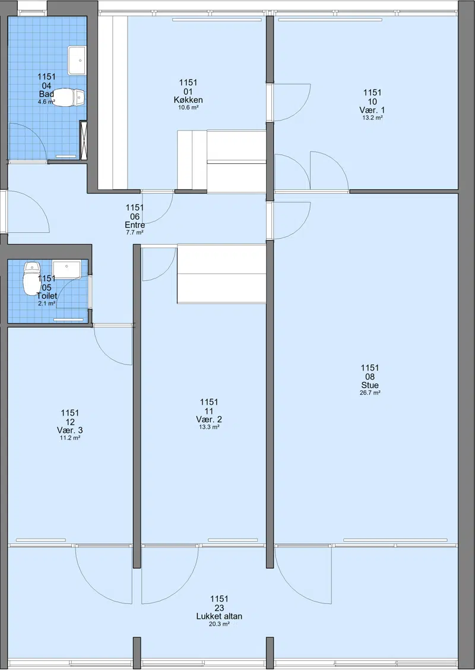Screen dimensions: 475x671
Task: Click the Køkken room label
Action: pyautogui.click(x=188, y=100)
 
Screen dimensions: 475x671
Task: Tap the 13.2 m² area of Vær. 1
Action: pyautogui.click(x=372, y=117)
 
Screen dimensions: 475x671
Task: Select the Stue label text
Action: pyautogui.click(x=370, y=385)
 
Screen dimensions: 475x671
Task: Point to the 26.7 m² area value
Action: pyautogui.click(x=370, y=393)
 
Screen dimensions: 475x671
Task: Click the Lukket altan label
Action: pyautogui.click(x=219, y=616)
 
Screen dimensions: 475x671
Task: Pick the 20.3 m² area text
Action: pyautogui.click(x=219, y=624)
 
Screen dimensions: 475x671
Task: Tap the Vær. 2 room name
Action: pyautogui.click(x=209, y=419)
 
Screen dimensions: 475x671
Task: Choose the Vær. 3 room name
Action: pyautogui.click(x=69, y=431)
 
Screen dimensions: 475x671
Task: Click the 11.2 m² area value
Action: pyautogui.click(x=70, y=438)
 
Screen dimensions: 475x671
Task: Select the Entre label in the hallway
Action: pyautogui.click(x=135, y=225)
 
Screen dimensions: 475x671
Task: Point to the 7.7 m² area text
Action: pyautogui.click(x=135, y=232)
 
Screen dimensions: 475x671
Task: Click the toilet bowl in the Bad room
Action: pyautogui.click(x=68, y=97)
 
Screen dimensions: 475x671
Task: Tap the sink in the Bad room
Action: pyautogui.click(x=77, y=61)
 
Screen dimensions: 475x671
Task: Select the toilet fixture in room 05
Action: pyautogui.click(x=31, y=279)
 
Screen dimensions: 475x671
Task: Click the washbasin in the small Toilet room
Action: pyautogui.click(x=66, y=270)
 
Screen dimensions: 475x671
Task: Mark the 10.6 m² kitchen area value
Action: pyautogui.click(x=188, y=107)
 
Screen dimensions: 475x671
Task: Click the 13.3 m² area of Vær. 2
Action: pyautogui.click(x=209, y=427)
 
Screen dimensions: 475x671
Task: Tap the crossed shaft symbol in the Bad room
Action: pyautogui.click(x=84, y=140)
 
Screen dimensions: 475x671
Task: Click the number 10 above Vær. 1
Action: pyautogui.click(x=372, y=102)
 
